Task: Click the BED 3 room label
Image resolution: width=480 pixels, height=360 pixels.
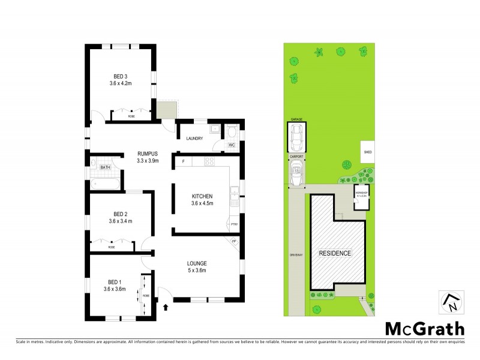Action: pos(121,76)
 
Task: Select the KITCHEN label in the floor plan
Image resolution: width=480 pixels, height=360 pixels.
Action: pos(202,197)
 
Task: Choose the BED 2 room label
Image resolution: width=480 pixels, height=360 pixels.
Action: pos(121,214)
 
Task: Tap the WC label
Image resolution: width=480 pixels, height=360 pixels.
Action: pos(231,145)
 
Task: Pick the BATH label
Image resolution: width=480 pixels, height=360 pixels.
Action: pos(105,167)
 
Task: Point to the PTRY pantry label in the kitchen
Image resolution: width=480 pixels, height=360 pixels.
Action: pos(233,224)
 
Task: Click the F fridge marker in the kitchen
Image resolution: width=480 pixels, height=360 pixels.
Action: pos(183,160)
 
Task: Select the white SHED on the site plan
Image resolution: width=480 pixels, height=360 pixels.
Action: pos(368,152)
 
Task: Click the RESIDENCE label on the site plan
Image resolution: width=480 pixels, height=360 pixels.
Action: pos(335,253)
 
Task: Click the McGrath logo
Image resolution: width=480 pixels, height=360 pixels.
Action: pos(424,329)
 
